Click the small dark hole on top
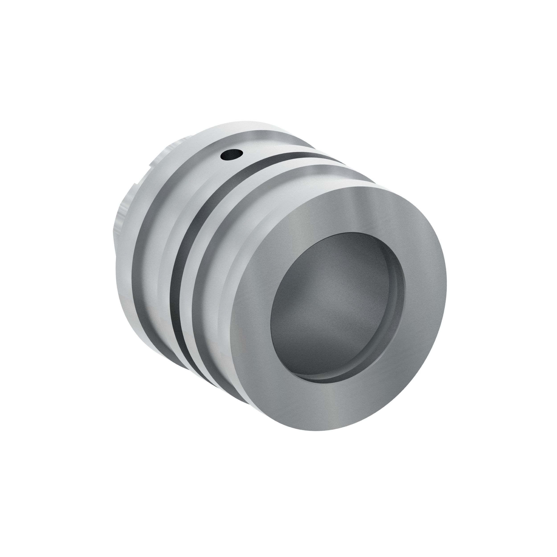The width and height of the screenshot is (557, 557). (231, 155)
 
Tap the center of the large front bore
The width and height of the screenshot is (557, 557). (337, 309)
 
